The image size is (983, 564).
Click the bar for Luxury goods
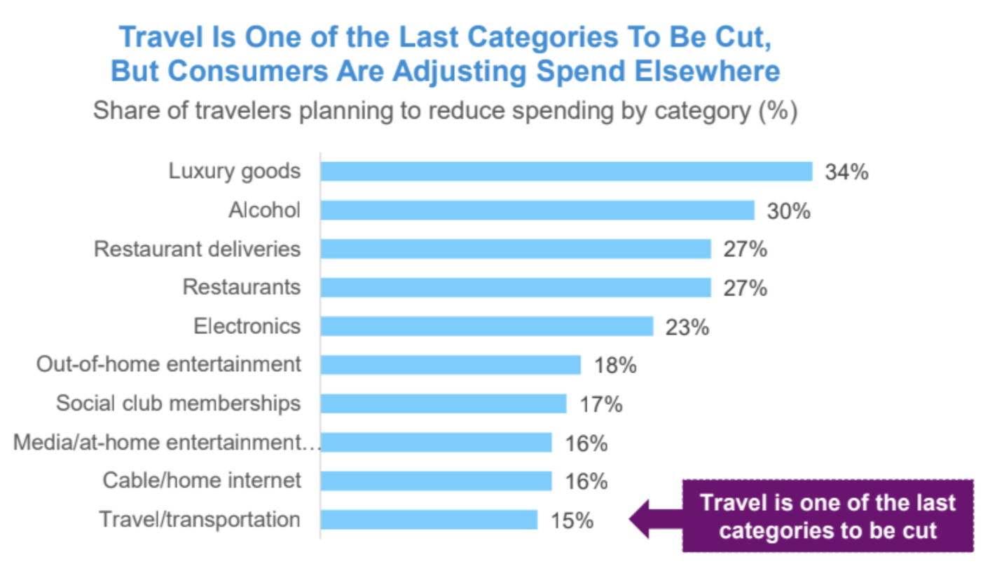[x=566, y=172]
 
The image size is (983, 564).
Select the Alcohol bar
[x=537, y=210]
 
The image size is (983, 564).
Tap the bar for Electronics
[x=487, y=326]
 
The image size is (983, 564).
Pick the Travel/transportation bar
[x=429, y=520]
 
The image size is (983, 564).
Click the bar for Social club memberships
[x=444, y=403]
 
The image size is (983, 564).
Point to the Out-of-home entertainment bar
[x=451, y=365]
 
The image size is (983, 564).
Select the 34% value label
[x=846, y=172]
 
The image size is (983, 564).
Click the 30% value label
[x=788, y=210]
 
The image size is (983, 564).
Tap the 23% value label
[x=687, y=326]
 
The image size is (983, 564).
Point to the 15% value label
[x=572, y=520]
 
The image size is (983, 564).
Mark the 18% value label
[x=615, y=365]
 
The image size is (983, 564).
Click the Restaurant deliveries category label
[x=197, y=249]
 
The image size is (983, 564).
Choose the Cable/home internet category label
[x=202, y=481]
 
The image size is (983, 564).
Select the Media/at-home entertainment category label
[x=167, y=443]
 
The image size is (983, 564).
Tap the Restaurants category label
[x=241, y=288]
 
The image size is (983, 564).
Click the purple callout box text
[x=827, y=516]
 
